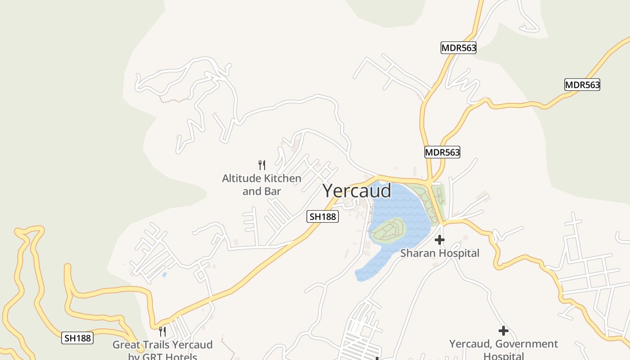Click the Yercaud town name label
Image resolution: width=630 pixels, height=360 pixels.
pos(357,191)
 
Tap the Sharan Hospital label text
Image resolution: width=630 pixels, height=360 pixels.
pos(440,253)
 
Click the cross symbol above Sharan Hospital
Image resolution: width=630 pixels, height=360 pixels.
pos(440,240)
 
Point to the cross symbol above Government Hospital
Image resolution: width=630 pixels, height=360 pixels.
pos(504,331)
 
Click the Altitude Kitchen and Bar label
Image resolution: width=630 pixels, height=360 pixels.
pos(261,184)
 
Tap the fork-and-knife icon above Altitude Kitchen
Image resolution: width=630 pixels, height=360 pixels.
pos(262,165)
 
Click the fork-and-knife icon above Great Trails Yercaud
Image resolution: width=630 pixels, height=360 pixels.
pos(162,332)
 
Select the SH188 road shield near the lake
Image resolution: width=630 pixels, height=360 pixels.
pos(323,216)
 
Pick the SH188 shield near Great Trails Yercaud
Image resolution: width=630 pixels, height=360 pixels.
pos(77,338)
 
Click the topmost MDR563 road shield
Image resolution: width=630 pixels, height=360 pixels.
pos(458,48)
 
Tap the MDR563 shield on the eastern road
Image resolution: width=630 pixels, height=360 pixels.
pos(582,85)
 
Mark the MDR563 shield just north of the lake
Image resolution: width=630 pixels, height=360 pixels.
pos(442,152)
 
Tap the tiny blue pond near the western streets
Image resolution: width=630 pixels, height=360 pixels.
pos(164,274)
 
